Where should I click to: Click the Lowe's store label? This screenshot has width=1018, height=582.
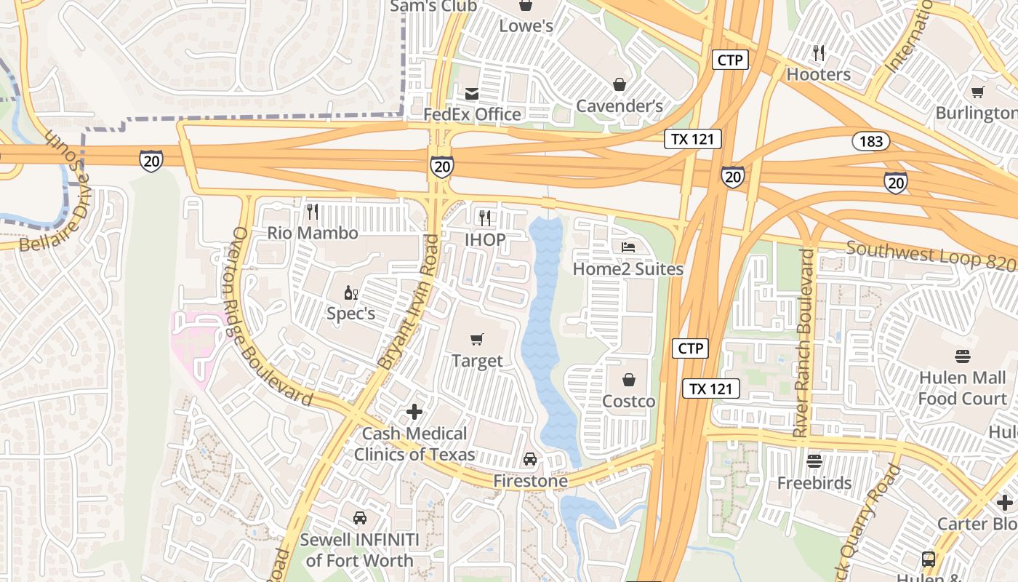click(x=526, y=26)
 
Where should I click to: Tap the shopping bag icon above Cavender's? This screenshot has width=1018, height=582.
click(x=620, y=85)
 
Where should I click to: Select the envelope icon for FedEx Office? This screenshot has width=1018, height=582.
click(x=472, y=93)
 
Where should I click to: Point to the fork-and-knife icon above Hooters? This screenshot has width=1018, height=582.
click(x=819, y=52)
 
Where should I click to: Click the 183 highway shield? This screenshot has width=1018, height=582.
click(x=870, y=141)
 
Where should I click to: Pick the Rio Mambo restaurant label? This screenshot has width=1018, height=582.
click(x=313, y=233)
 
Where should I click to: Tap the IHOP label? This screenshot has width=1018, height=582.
click(x=485, y=239)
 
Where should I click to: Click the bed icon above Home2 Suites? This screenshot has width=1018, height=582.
click(x=628, y=247)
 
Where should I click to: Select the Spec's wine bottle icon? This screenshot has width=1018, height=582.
click(x=350, y=292)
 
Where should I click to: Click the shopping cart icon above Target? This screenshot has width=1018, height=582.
click(x=477, y=339)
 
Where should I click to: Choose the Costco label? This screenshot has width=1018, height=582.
click(x=628, y=401)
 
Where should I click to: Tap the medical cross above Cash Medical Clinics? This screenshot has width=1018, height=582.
click(x=414, y=412)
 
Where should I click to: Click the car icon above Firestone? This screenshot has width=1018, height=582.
click(x=530, y=459)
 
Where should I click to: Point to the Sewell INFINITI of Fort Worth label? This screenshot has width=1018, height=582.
click(x=359, y=550)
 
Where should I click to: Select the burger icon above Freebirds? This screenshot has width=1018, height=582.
click(x=814, y=461)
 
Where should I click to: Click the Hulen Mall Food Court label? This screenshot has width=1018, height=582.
click(x=962, y=388)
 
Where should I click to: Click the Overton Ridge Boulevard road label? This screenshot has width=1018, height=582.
click(x=270, y=318)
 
